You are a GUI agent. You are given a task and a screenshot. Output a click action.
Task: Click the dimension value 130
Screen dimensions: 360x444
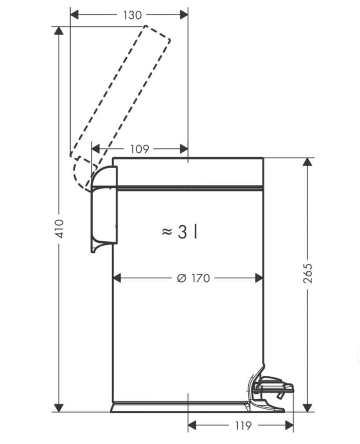point(132,15)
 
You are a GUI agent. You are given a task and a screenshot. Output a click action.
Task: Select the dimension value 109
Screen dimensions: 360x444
point(140,149)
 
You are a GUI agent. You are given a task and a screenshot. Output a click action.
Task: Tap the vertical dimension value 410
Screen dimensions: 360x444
point(59,228)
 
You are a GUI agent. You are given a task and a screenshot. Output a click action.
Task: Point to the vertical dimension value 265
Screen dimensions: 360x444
point(308,273)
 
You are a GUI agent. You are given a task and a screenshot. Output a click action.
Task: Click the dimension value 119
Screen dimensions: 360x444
point(243,426)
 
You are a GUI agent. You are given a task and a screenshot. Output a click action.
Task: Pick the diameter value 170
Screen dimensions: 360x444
point(201,278)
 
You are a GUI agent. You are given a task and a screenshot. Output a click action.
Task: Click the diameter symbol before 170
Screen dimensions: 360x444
point(182,278)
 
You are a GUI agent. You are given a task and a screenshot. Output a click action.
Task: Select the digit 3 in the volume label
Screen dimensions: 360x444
point(183,232)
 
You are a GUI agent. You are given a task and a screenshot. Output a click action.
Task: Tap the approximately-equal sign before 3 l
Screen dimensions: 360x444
point(167,231)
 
